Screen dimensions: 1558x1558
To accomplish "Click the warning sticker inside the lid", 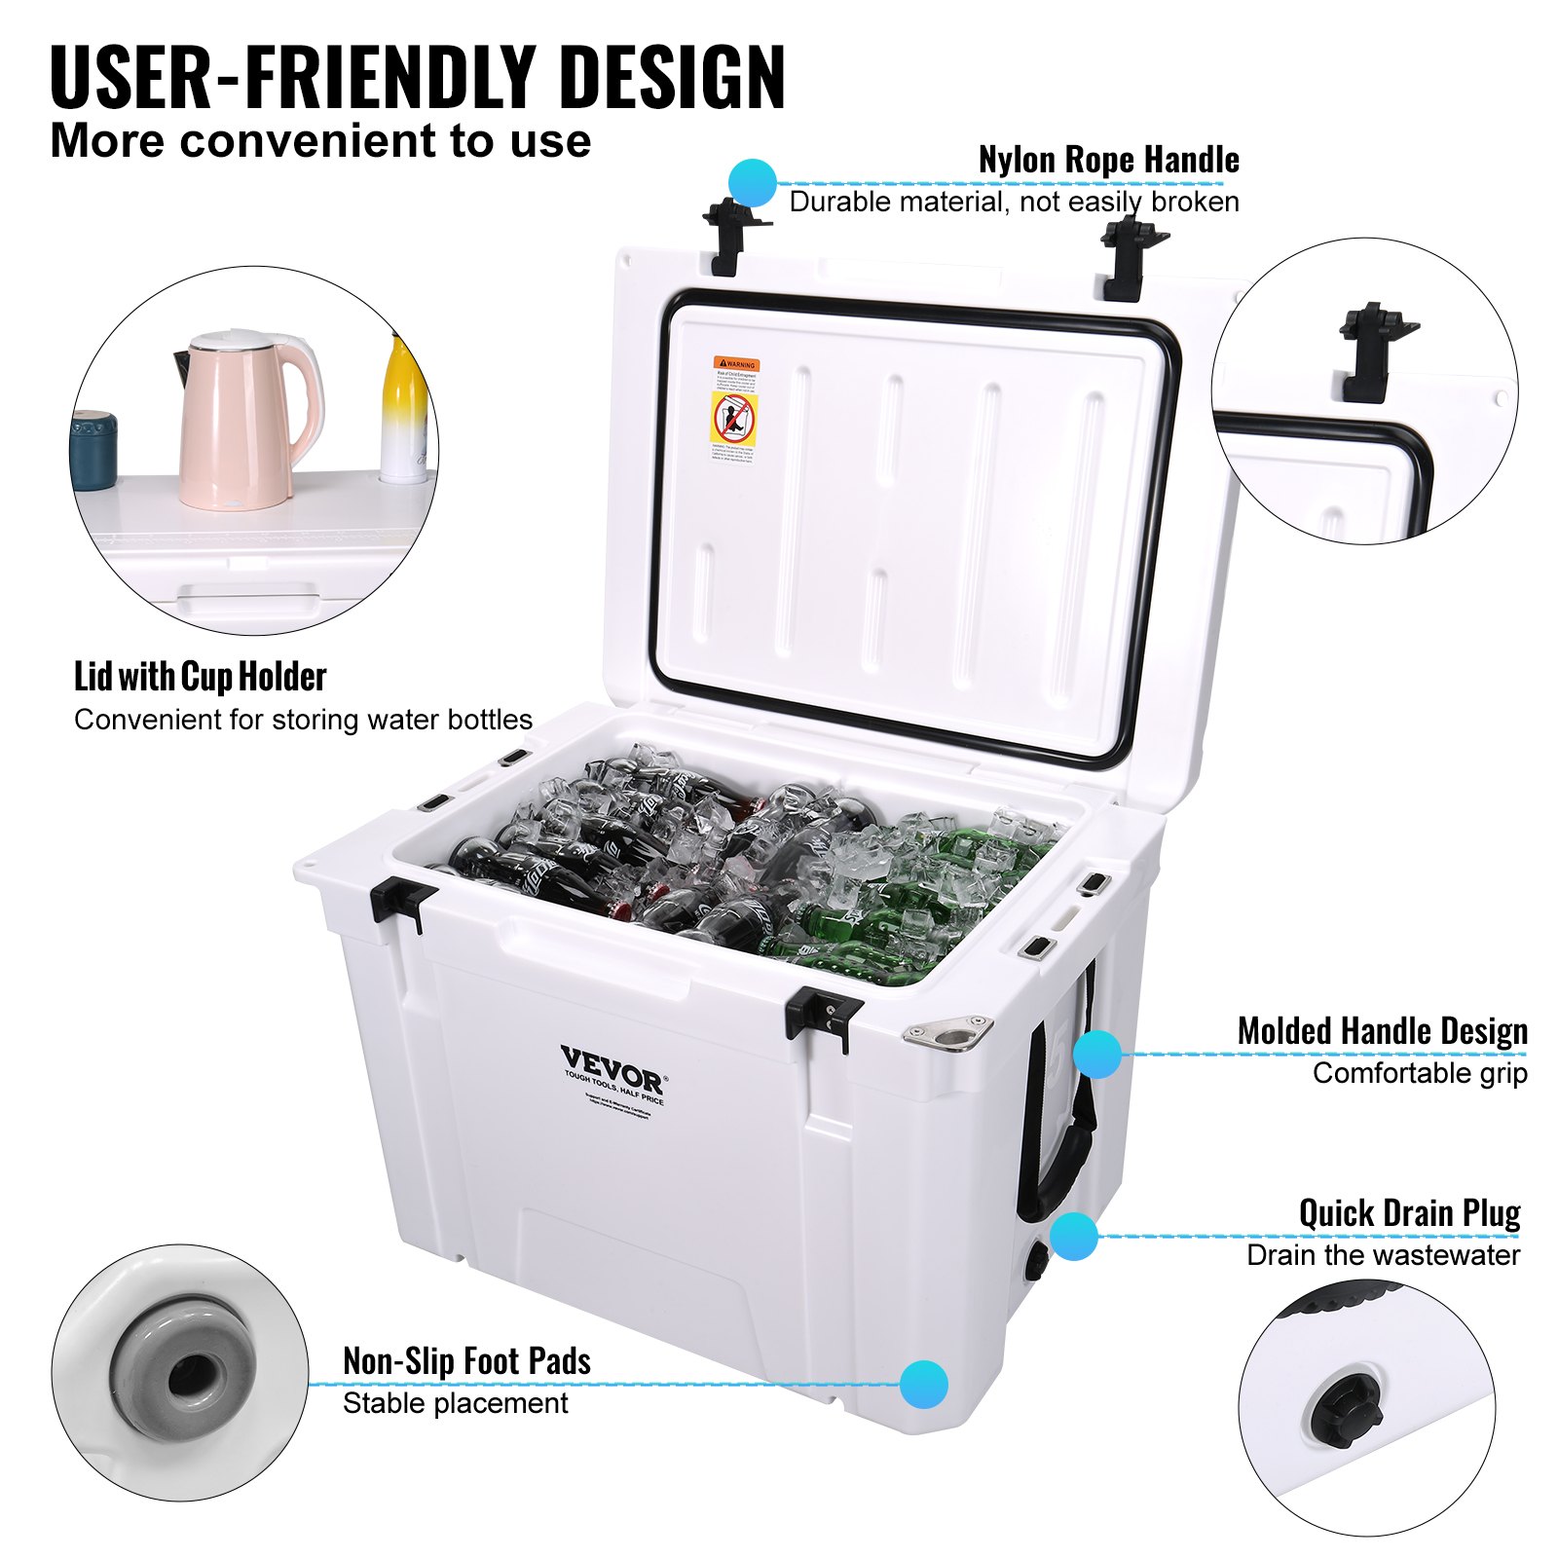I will click(x=735, y=410).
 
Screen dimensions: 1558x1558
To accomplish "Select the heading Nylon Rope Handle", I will click(x=1108, y=161).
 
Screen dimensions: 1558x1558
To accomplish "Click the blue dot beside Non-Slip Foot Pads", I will click(x=923, y=1384).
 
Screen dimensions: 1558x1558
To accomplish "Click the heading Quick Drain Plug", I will click(x=1409, y=1213).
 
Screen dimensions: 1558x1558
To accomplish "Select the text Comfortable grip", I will click(x=1419, y=1073).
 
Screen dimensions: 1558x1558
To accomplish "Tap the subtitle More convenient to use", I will click(x=320, y=141).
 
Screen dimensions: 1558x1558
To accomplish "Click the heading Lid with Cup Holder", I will click(x=200, y=677).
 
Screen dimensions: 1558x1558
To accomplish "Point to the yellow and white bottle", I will click(x=403, y=414).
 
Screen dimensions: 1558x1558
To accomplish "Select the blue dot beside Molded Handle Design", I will click(x=1098, y=1054).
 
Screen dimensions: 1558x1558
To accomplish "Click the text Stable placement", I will click(x=455, y=1403).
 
